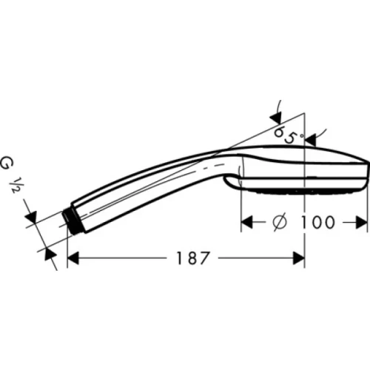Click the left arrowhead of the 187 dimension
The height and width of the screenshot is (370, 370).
click(x=73, y=258)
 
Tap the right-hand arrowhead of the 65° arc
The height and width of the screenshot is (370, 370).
click(x=310, y=138)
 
